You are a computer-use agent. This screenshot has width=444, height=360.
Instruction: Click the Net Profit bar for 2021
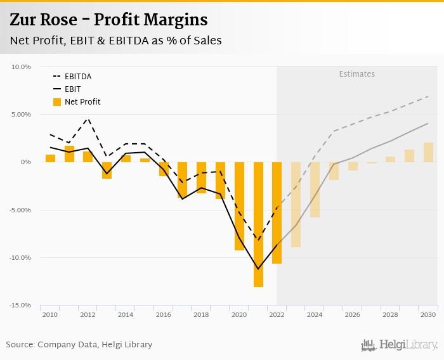click(x=258, y=224)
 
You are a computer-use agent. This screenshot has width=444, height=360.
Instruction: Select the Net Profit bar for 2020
click(x=239, y=206)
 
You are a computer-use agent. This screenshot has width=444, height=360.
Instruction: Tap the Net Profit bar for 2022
click(x=277, y=212)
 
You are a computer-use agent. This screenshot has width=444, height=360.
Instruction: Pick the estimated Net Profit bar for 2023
click(x=296, y=204)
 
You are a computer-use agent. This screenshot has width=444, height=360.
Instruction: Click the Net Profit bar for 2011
click(x=69, y=154)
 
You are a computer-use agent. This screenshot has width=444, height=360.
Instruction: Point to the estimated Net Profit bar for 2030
click(x=428, y=152)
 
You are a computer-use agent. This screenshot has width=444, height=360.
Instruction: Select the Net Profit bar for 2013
click(x=107, y=170)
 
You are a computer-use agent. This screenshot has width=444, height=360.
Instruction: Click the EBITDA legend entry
click(x=77, y=77)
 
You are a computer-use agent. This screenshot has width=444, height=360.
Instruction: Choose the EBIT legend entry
click(x=73, y=89)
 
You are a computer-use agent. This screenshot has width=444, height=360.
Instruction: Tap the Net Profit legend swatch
click(x=57, y=102)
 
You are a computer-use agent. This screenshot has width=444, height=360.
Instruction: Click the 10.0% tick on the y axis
click(x=22, y=67)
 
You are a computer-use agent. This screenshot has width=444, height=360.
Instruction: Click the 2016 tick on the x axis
click(x=164, y=315)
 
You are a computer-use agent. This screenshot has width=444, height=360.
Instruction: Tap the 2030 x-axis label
click(x=428, y=315)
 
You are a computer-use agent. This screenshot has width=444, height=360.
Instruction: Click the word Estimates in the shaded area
click(x=356, y=74)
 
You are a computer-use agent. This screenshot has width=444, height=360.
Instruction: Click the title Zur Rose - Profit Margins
click(x=108, y=20)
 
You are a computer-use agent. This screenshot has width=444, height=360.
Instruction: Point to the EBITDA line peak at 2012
click(x=88, y=119)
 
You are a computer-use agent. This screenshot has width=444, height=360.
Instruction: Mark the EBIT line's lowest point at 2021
click(x=258, y=269)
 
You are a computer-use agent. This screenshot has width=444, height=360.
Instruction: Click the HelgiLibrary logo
click(x=400, y=345)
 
